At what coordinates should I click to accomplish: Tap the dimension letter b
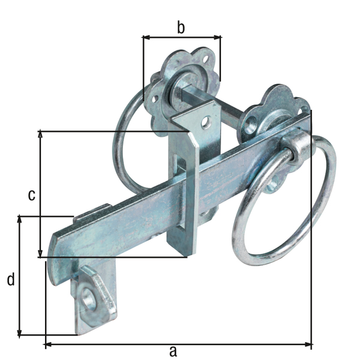(181, 26)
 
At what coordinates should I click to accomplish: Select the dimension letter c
(32, 194)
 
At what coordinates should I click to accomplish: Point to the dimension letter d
(10, 279)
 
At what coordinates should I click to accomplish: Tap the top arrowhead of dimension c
(41, 134)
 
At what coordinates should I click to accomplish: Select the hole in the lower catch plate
(90, 298)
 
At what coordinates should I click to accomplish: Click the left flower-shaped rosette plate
(180, 78)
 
